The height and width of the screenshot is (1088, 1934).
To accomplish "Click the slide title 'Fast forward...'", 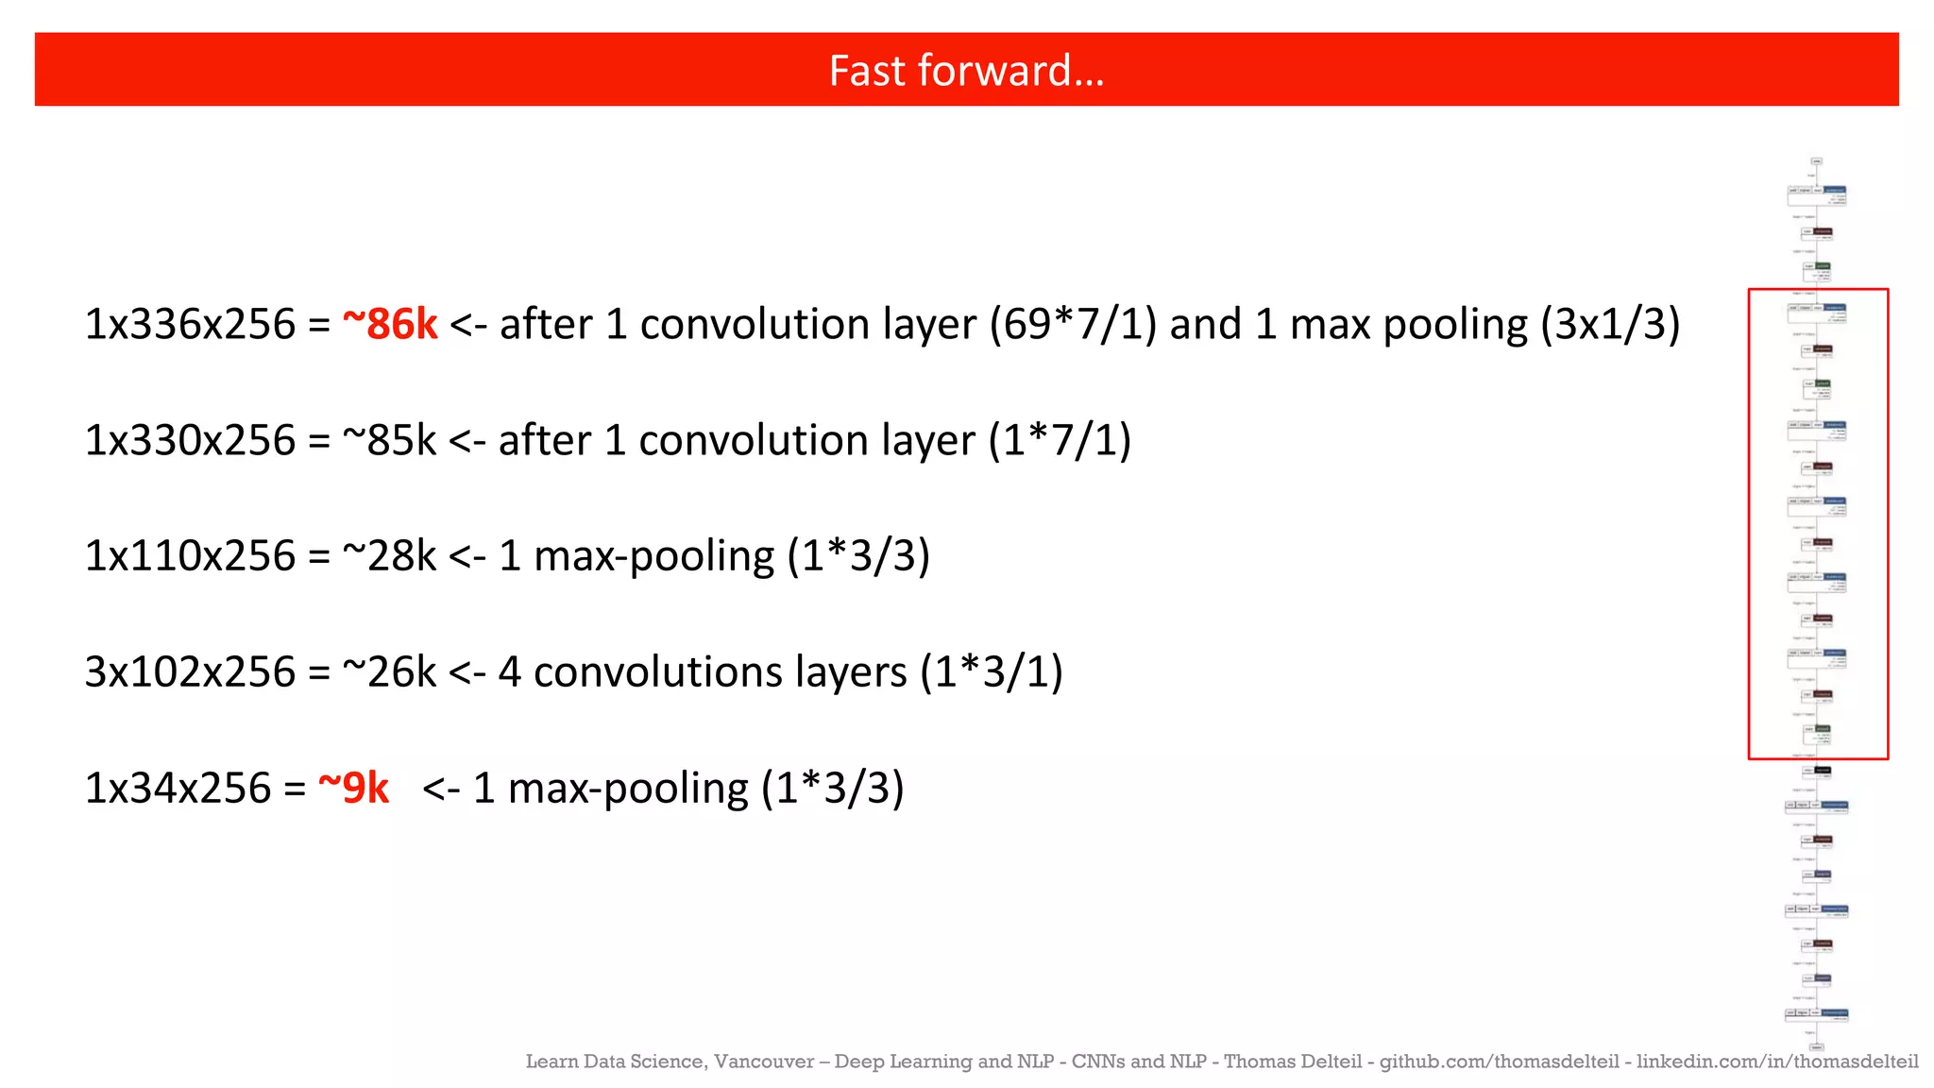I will pyautogui.click(x=966, y=71).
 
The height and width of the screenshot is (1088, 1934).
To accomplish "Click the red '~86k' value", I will pyautogui.click(x=389, y=324).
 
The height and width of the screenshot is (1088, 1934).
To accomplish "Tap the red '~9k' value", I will pyautogui.click(x=353, y=788).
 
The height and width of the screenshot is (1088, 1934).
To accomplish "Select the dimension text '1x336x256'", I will pyautogui.click(x=190, y=324).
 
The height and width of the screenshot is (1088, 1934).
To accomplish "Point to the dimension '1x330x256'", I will pyautogui.click(x=190, y=440).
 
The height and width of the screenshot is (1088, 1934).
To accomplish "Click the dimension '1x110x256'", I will pyautogui.click(x=190, y=555).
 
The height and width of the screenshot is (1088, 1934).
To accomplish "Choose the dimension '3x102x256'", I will pyautogui.click(x=190, y=671).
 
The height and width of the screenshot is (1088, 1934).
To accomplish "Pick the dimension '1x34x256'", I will pyautogui.click(x=178, y=788).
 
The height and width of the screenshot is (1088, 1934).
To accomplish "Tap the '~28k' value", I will pyautogui.click(x=389, y=555).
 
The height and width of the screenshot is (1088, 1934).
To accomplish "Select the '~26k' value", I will pyautogui.click(x=389, y=671).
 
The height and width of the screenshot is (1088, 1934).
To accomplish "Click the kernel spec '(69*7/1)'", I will pyautogui.click(x=1073, y=324).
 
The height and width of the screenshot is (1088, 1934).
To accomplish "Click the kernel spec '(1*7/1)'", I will pyautogui.click(x=1060, y=440).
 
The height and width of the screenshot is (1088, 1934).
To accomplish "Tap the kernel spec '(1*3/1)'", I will pyautogui.click(x=992, y=671).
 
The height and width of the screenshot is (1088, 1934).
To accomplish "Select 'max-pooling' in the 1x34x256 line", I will pyautogui.click(x=628, y=788).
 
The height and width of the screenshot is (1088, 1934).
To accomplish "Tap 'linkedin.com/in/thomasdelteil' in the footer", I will pyautogui.click(x=1777, y=1062).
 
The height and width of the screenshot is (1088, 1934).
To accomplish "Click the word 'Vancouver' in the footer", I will pyautogui.click(x=764, y=1062).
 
